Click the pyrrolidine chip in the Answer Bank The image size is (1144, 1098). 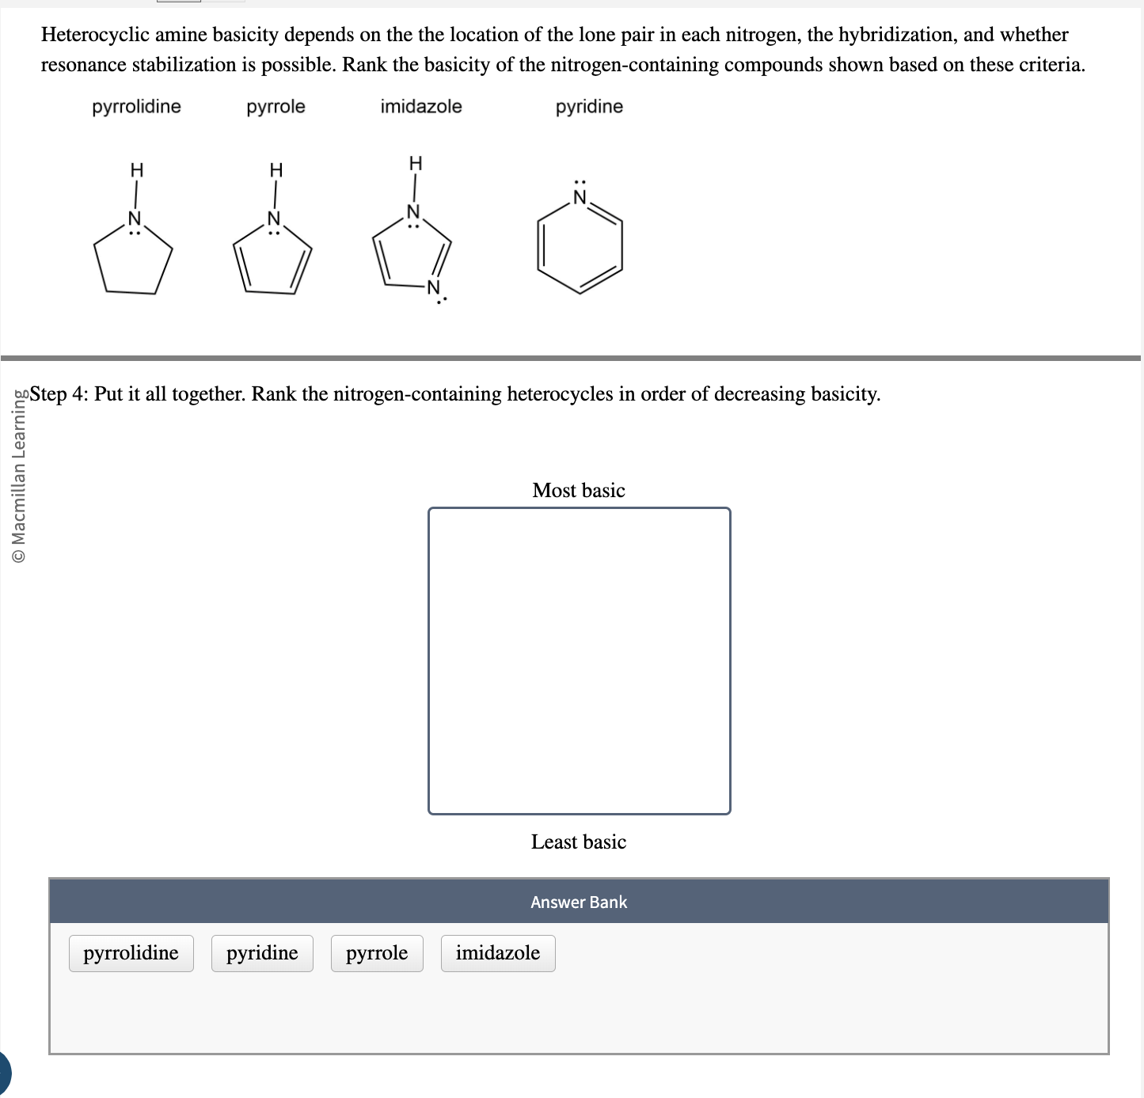[x=131, y=953]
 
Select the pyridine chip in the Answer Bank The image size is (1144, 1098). [x=262, y=953]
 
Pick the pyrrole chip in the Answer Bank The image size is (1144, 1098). [x=377, y=953]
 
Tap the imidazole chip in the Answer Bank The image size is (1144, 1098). [x=497, y=953]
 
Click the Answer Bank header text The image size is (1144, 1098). [x=579, y=902]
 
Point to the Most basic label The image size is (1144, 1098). [x=579, y=491]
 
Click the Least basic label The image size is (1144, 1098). [x=579, y=842]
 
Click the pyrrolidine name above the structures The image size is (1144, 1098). [x=136, y=107]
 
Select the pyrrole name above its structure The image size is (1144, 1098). [x=276, y=107]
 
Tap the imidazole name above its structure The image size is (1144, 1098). [x=421, y=107]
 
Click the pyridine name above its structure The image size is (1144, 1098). [x=589, y=107]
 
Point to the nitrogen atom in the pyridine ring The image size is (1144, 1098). [x=580, y=198]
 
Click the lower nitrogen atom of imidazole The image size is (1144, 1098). [x=433, y=287]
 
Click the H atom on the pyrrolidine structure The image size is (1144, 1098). [x=136, y=170]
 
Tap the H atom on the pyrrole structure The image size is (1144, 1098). [x=276, y=170]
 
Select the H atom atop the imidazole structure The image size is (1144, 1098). [x=415, y=164]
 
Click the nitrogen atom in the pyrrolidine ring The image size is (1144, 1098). [x=135, y=218]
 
